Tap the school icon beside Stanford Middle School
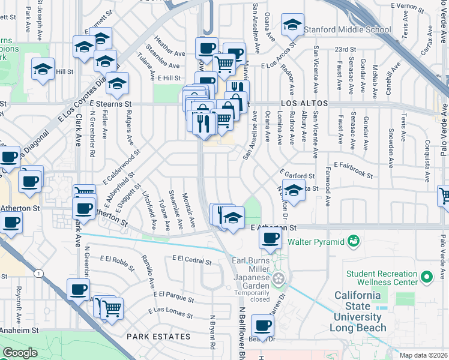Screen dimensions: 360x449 [x=292, y=25]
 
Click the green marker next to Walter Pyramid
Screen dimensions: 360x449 [x=354, y=242]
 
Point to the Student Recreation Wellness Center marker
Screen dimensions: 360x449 [x=427, y=277]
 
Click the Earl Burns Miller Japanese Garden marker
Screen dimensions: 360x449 [x=278, y=278]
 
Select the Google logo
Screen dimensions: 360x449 [x=20, y=353]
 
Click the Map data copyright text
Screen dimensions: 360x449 [x=423, y=355]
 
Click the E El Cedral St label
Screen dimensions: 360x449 [x=191, y=260]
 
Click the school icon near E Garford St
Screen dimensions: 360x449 [x=294, y=191]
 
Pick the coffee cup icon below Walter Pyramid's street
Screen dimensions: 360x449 [x=270, y=238]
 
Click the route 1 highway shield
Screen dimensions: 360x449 [x=38, y=273]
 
